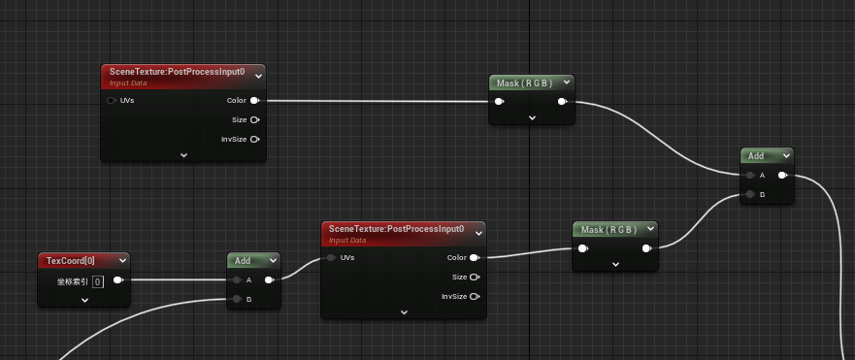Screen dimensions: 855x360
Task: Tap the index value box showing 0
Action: (x=98, y=281)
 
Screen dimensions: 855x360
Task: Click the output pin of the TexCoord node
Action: (x=117, y=280)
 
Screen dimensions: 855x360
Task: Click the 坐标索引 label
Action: (x=72, y=281)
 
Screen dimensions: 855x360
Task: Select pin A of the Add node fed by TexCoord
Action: (x=237, y=280)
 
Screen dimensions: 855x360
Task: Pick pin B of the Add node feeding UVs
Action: (x=237, y=299)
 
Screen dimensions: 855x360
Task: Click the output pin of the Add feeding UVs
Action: (x=269, y=280)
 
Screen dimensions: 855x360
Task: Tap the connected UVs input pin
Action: (x=331, y=258)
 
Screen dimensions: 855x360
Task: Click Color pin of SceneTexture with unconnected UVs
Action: (x=254, y=100)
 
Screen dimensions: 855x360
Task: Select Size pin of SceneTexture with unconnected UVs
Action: (x=254, y=119)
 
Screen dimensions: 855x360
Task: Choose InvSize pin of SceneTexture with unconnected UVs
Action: (x=254, y=139)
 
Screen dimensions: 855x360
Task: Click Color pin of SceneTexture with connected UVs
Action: (x=474, y=258)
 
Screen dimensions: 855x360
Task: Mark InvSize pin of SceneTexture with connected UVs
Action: (x=474, y=297)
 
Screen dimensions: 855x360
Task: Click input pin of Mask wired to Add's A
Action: (x=499, y=101)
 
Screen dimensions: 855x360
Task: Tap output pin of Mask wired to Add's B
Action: (x=646, y=248)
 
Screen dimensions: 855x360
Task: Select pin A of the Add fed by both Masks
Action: (x=749, y=176)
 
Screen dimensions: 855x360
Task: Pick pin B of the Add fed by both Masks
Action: (x=749, y=195)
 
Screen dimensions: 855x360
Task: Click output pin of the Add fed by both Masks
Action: (x=782, y=176)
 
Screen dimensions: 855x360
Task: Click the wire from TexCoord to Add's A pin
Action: (x=175, y=280)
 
